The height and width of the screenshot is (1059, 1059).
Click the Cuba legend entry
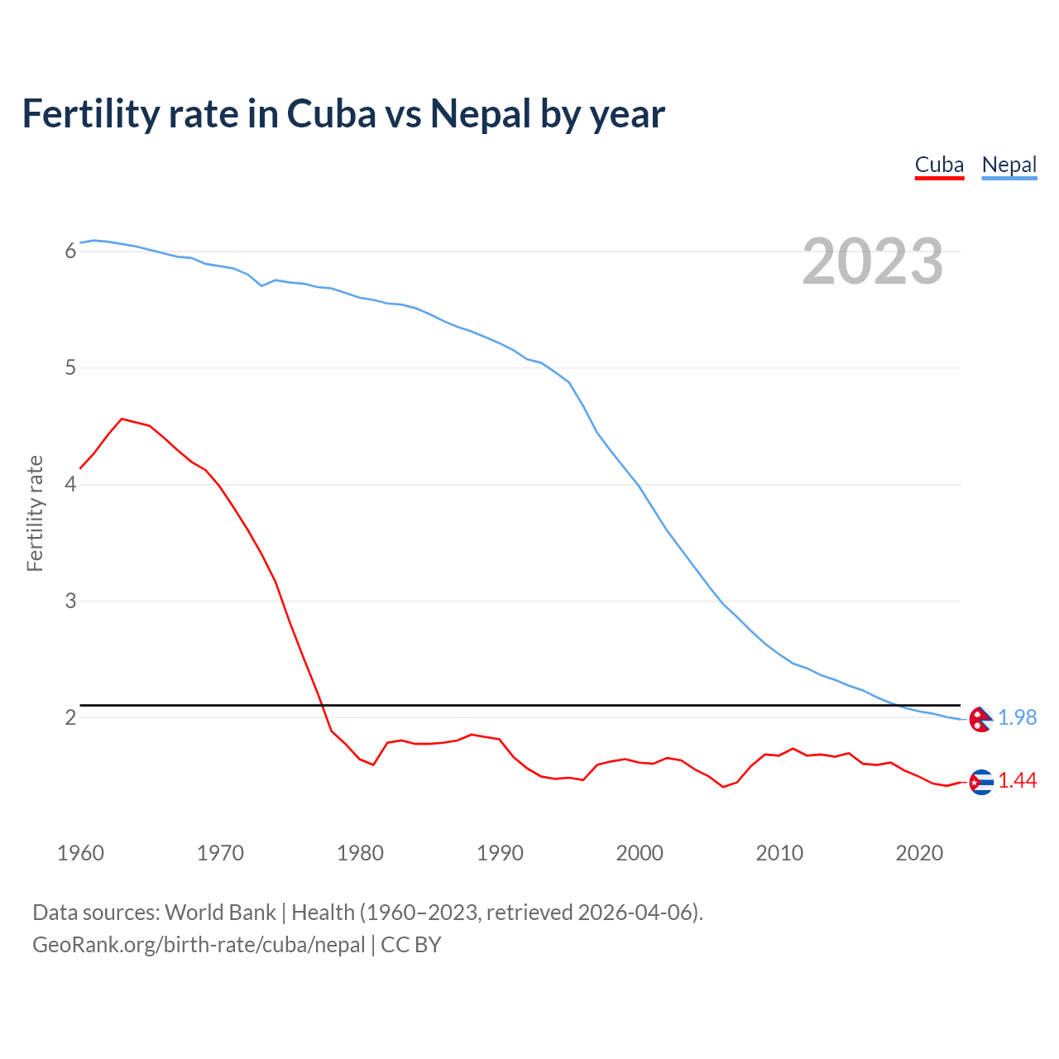(939, 165)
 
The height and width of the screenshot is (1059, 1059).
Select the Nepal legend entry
(1009, 165)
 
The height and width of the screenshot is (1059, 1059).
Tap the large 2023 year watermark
(873, 261)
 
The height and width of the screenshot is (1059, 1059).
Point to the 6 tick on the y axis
(70, 251)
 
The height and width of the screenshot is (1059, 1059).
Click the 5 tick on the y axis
(70, 367)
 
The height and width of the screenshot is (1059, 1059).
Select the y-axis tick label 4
(70, 484)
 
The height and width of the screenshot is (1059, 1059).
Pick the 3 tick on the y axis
(70, 601)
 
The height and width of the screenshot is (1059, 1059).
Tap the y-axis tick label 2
(70, 717)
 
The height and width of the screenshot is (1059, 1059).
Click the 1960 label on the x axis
(80, 853)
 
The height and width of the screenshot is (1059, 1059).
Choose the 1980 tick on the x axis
(360, 853)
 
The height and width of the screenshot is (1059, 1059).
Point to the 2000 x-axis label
(640, 853)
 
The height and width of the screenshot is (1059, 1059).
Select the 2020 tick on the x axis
(919, 853)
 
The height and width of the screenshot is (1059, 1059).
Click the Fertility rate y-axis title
(35, 513)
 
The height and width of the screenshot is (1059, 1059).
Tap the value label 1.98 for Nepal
(1017, 718)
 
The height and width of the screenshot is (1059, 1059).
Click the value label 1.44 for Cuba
(1017, 781)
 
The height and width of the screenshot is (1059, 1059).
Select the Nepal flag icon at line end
(980, 720)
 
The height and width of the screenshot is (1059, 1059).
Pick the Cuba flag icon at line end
(981, 782)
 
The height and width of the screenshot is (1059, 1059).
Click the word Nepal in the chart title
(480, 114)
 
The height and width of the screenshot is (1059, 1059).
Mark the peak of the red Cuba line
(122, 419)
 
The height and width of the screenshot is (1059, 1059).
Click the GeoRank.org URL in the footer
(199, 945)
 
